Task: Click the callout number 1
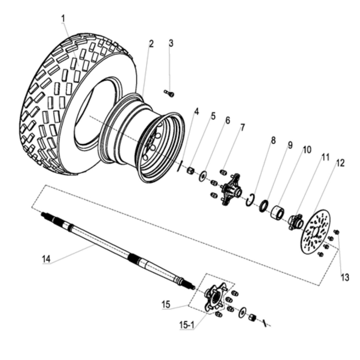click(63, 19)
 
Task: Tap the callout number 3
click(171, 43)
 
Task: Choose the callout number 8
click(273, 141)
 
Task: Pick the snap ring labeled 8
click(250, 200)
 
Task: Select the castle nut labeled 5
click(191, 171)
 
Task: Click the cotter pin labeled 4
click(180, 166)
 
